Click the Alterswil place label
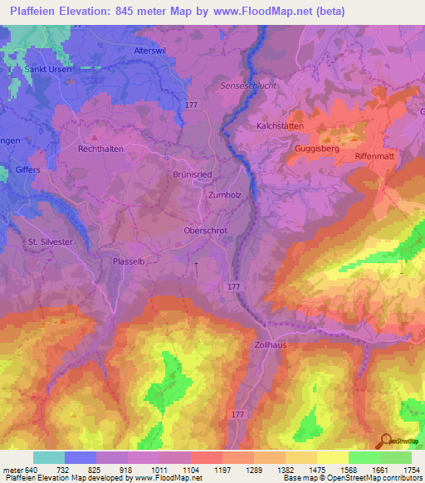150,51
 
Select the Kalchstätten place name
281,125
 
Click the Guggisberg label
316,149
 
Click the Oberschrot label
205,232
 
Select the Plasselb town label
129,261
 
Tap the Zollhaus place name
271,344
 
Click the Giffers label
28,170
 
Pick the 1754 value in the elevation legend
409,469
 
